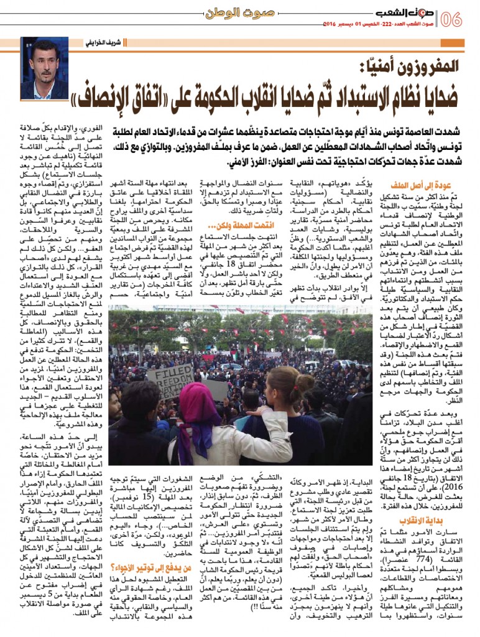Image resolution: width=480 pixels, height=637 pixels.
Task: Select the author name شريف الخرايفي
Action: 103,42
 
